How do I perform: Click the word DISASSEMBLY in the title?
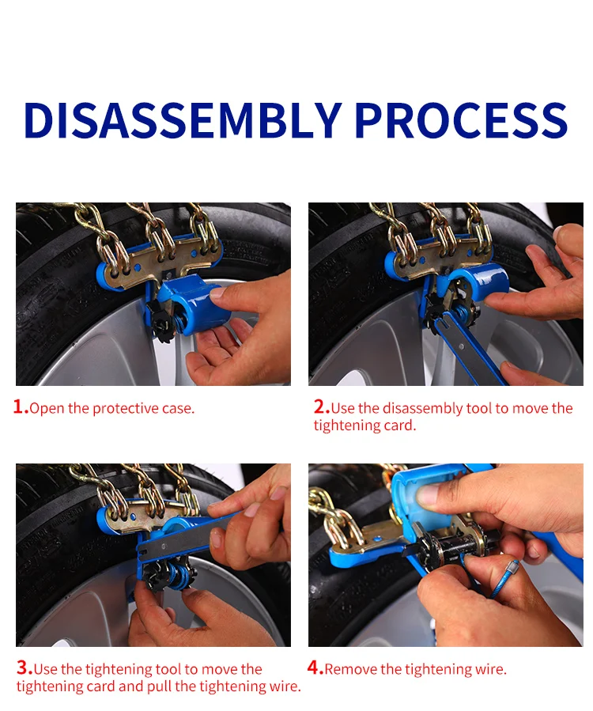click(183, 119)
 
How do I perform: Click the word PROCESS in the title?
click(462, 119)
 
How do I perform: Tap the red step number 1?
click(21, 407)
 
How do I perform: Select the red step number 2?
click(322, 407)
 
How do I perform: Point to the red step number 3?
click(25, 668)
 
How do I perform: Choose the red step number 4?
click(315, 668)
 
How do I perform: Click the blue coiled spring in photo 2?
click(463, 312)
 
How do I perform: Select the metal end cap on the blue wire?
click(512, 568)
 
